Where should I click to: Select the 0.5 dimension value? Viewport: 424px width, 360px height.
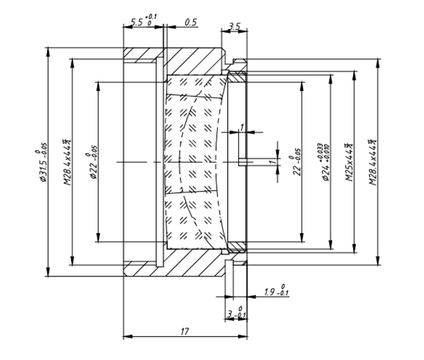(x=191, y=22)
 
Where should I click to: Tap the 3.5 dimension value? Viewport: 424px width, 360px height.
(x=234, y=27)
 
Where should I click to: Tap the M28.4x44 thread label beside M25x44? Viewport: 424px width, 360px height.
(x=373, y=162)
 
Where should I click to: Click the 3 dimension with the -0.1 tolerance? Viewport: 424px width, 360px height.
(x=230, y=316)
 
